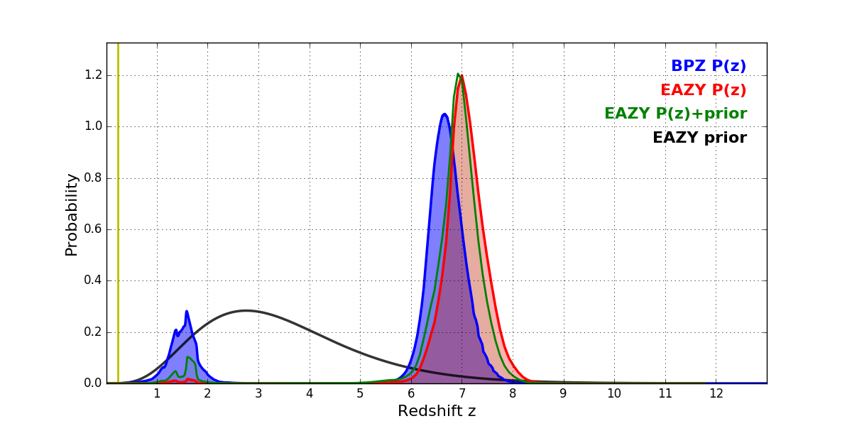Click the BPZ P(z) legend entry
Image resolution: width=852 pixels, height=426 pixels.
click(708, 67)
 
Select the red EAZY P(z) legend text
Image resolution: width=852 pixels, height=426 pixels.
click(703, 91)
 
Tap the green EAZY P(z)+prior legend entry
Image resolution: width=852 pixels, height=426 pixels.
click(675, 114)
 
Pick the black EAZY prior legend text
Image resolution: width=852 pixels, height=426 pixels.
click(699, 138)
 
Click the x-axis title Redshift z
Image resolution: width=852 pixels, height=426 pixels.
click(437, 412)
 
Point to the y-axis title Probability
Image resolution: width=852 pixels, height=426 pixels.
click(72, 214)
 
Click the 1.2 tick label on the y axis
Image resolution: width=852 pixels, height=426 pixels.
click(93, 75)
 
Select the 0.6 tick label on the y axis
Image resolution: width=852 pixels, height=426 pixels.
click(93, 229)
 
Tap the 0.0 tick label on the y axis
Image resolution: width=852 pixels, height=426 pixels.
click(93, 383)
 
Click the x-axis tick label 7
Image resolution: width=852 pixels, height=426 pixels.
click(461, 394)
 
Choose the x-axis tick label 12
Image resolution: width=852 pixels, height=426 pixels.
click(716, 394)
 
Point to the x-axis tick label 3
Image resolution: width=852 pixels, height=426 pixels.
click(258, 394)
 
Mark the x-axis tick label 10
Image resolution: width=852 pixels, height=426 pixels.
click(614, 394)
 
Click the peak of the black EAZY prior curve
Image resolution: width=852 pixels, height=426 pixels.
click(246, 310)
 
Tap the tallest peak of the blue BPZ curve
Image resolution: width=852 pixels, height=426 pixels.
click(444, 114)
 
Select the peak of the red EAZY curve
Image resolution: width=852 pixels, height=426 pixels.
click(462, 76)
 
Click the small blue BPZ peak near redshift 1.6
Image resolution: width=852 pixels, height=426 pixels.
click(187, 312)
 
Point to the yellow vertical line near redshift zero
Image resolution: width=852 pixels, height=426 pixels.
click(118, 213)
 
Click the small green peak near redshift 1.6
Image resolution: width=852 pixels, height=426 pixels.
click(187, 357)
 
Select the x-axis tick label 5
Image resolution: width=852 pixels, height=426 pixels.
click(360, 394)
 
